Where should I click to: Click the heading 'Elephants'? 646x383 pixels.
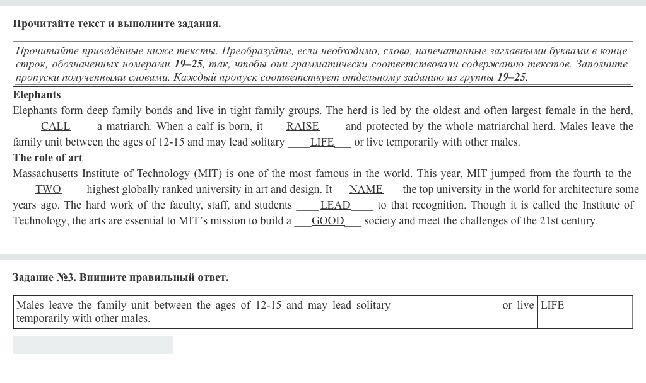[37, 95]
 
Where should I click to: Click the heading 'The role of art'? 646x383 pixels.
[47, 158]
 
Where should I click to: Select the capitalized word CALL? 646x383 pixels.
[56, 127]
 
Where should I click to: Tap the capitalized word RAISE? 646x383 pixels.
[303, 127]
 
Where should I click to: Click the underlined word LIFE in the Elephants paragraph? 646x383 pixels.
[322, 142]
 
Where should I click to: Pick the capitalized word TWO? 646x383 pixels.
[48, 190]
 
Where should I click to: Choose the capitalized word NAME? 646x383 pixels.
[366, 190]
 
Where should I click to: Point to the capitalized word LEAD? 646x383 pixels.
[336, 205]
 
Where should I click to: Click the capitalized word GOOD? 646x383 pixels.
[328, 221]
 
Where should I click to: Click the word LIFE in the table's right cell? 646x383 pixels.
[552, 306]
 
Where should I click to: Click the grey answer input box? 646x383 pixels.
[93, 345]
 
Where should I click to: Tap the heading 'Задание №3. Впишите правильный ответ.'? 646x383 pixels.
[120, 278]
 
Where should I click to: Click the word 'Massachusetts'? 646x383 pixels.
[45, 174]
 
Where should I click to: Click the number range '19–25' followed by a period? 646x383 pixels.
[512, 77]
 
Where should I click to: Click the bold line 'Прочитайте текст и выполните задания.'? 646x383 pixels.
[117, 24]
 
